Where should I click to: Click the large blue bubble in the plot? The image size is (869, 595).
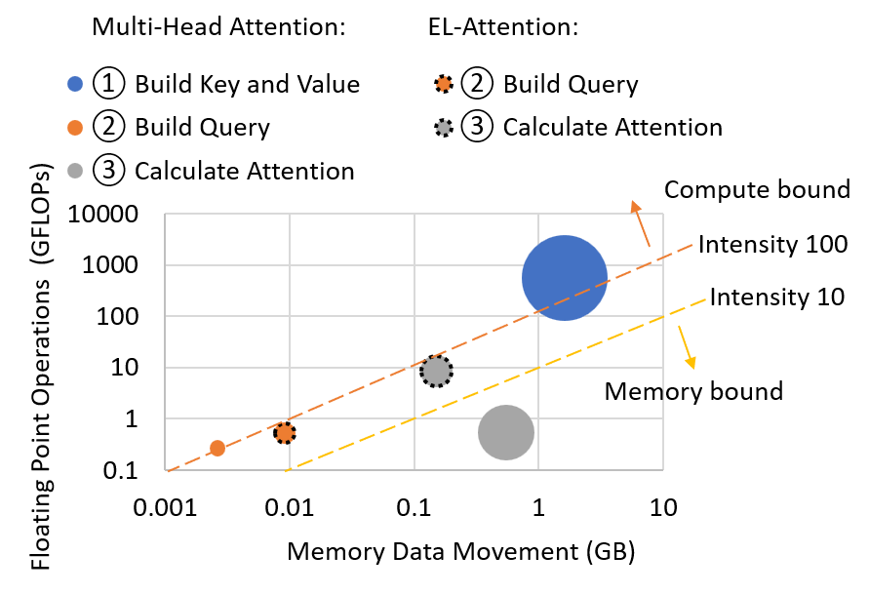(x=565, y=278)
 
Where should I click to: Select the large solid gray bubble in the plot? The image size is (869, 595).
(x=506, y=432)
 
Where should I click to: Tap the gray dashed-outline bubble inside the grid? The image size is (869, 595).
(x=436, y=372)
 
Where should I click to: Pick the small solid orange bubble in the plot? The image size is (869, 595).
(x=217, y=448)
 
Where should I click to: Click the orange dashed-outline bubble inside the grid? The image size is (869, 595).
(x=285, y=433)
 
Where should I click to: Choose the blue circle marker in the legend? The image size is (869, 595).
(x=75, y=84)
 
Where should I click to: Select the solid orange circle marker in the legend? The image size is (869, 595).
(x=75, y=128)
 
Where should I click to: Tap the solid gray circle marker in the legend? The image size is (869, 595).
(x=75, y=171)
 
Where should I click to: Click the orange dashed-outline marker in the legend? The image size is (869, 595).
(x=444, y=84)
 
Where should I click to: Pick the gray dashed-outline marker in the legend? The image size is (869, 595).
(x=444, y=128)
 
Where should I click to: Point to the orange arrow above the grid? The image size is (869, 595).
(x=640, y=223)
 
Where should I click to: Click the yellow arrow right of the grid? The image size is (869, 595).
(x=687, y=346)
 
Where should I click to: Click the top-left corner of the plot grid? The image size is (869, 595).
(x=165, y=214)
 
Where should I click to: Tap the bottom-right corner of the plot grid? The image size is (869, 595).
(x=663, y=470)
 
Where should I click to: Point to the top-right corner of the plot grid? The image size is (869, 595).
(x=663, y=214)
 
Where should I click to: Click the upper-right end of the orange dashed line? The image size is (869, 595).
(x=692, y=245)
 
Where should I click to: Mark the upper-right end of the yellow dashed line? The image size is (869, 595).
(x=705, y=299)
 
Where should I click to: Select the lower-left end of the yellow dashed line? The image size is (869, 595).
(x=287, y=471)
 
